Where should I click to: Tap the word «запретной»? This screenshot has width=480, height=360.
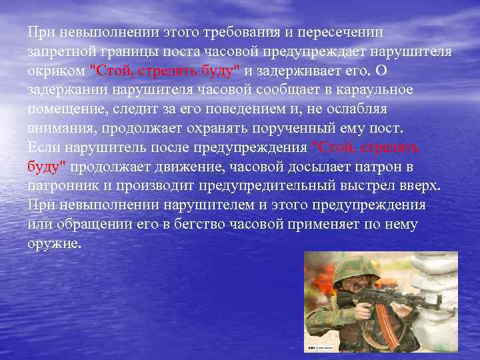59,51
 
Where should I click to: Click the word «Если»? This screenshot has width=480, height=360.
41,147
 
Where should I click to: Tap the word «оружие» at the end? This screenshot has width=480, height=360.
54,243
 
